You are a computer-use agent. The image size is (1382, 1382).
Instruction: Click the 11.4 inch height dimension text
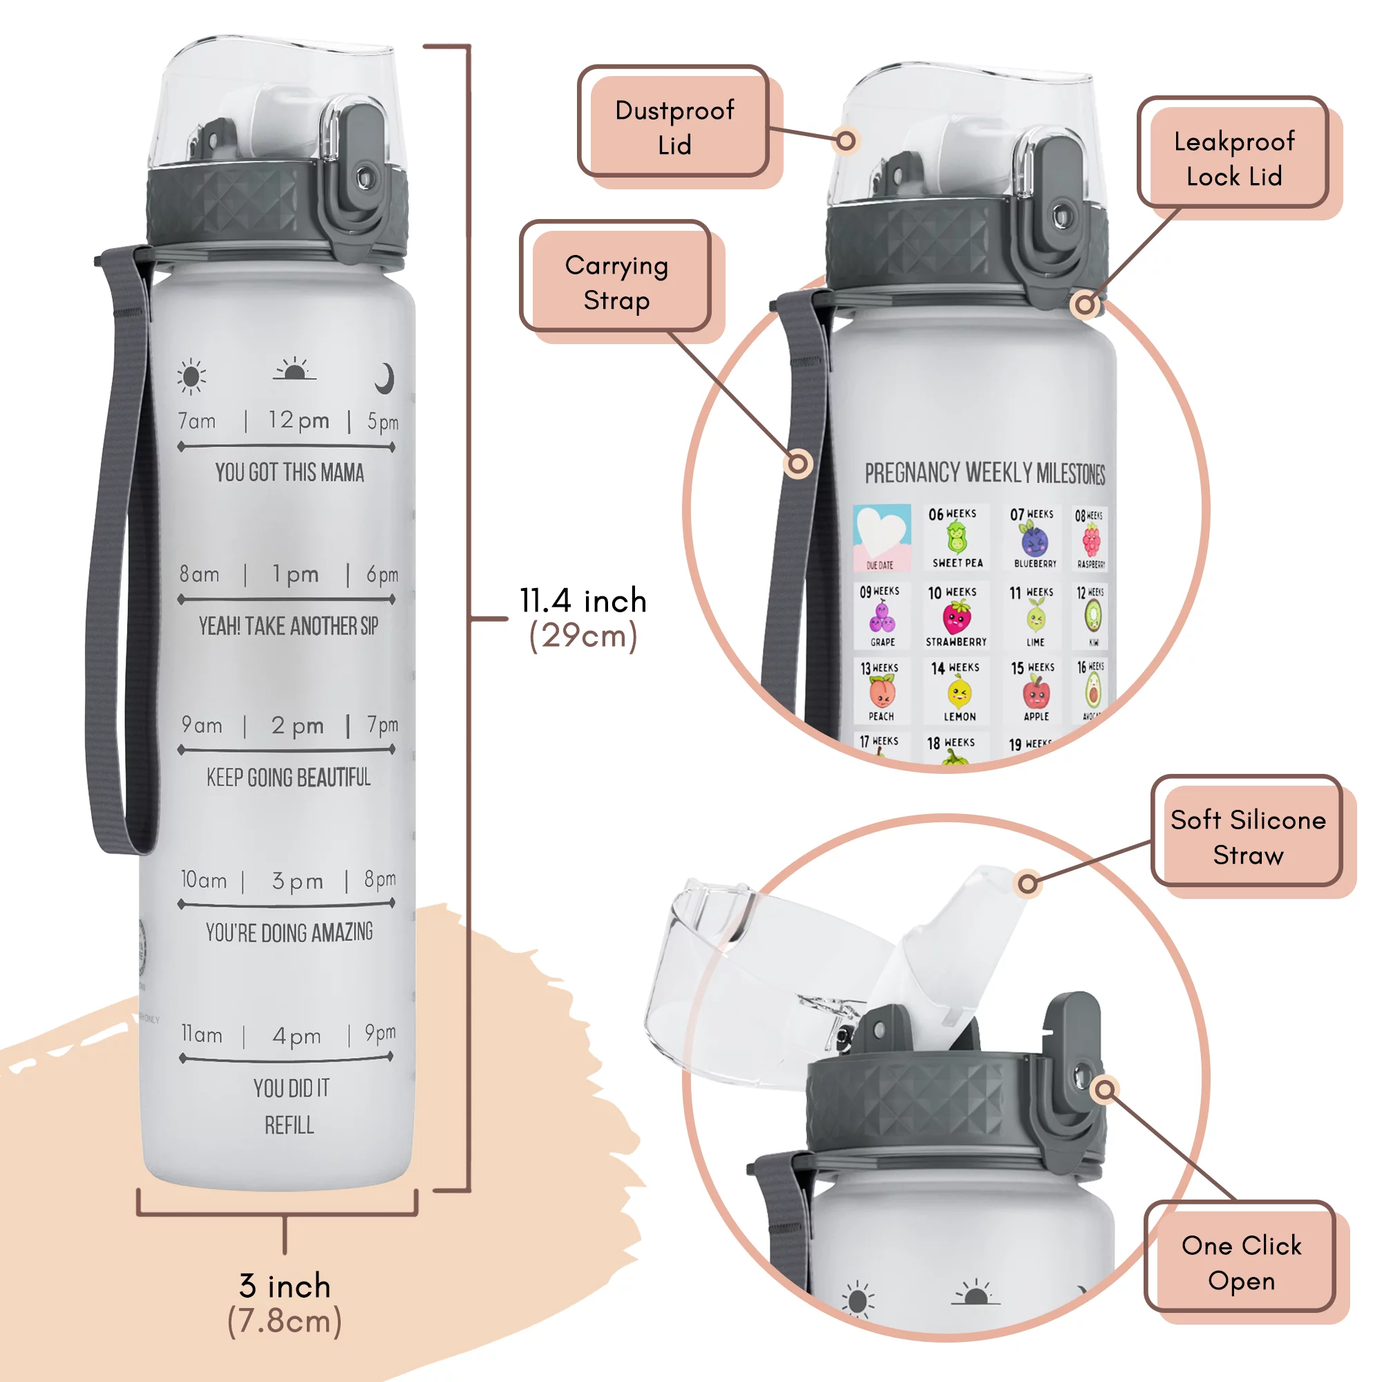tap(583, 601)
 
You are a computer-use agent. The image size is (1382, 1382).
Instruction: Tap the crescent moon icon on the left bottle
tap(385, 378)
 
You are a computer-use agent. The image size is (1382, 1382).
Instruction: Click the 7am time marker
tap(197, 422)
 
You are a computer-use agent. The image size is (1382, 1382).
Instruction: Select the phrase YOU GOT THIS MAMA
tap(290, 473)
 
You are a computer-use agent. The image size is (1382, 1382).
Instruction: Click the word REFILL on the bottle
tap(289, 1126)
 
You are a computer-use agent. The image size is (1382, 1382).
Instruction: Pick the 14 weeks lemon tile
tap(958, 691)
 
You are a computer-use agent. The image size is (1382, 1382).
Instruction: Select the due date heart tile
tap(882, 536)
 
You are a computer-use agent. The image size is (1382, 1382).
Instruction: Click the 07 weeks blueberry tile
tap(1034, 538)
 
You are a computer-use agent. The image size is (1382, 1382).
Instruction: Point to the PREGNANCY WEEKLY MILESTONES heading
tap(984, 473)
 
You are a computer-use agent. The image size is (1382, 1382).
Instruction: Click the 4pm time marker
tap(296, 1036)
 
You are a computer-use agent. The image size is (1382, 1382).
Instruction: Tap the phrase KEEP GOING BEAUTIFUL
tap(288, 777)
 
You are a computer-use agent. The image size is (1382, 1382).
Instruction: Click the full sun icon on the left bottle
tap(191, 377)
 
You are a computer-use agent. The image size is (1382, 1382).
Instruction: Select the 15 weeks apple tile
tap(1034, 691)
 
